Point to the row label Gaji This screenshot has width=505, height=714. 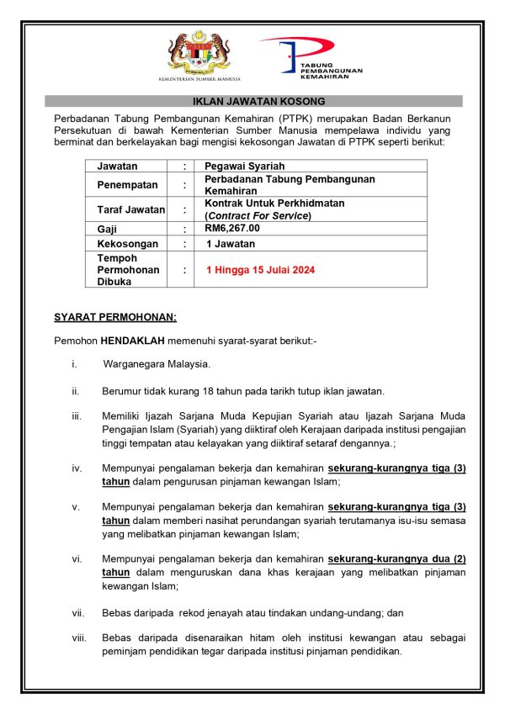108,228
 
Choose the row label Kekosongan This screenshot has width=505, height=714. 128,243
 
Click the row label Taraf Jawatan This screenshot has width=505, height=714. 130,209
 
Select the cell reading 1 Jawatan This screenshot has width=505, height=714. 231,243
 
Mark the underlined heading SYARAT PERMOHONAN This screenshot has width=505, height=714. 115,317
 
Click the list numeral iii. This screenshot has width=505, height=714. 77,416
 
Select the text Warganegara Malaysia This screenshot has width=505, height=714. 157,364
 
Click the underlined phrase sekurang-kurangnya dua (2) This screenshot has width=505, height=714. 396,558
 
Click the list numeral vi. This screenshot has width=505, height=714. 77,558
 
